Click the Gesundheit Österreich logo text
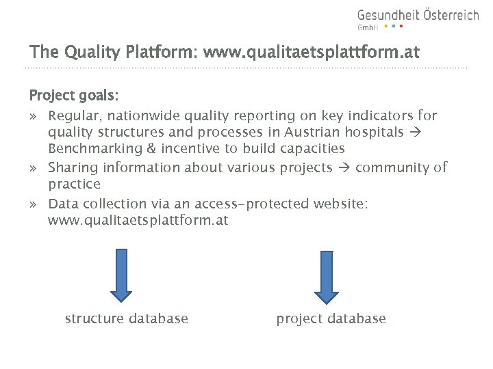coord(418,16)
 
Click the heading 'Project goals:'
coord(74,95)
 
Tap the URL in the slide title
coord(312,52)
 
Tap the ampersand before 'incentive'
coord(151,149)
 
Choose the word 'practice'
coord(74,184)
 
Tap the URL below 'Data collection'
coord(138,221)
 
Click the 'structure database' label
coord(126,318)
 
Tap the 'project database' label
coord(331,318)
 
